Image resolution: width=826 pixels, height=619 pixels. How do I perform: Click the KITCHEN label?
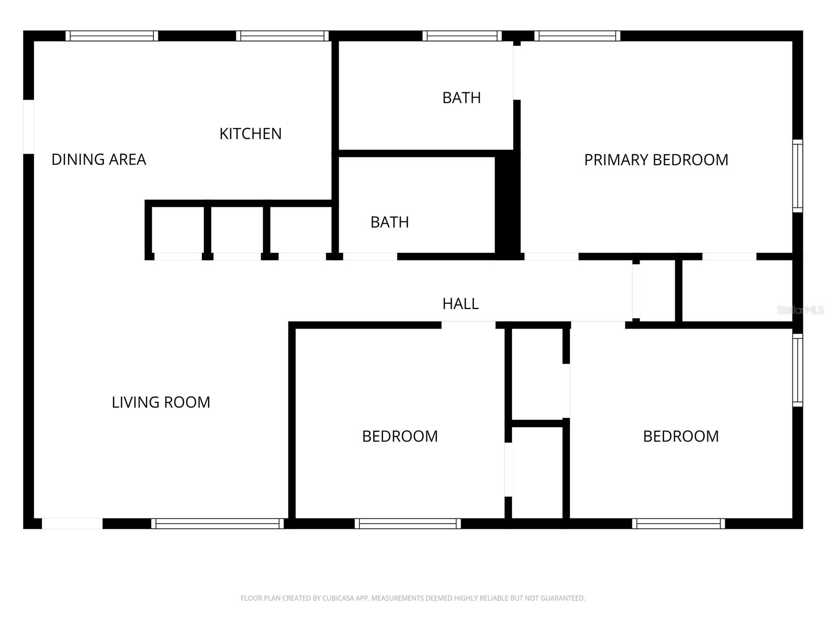[x=250, y=134]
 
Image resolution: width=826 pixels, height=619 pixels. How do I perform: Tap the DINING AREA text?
[x=99, y=159]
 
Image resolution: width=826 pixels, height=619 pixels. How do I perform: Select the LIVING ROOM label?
[x=161, y=402]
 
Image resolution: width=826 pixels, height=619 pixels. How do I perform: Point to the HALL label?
[x=460, y=304]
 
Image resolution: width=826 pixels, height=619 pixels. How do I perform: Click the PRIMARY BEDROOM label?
[x=656, y=160]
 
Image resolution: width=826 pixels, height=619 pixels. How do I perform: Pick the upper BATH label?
[x=462, y=97]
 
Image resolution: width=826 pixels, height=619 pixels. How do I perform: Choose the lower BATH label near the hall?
[x=390, y=222]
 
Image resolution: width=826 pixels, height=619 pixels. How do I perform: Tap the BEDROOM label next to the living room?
[x=400, y=436]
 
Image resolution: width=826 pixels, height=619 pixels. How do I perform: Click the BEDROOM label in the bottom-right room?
[x=681, y=436]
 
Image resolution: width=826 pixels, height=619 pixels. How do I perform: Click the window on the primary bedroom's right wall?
[x=798, y=175]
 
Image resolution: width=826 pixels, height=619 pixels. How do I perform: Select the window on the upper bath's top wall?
[x=462, y=36]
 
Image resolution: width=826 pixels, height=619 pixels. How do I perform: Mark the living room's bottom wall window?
[x=217, y=524]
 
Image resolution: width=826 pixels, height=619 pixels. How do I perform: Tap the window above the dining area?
[x=112, y=36]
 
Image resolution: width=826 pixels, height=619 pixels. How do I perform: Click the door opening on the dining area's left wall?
[x=28, y=126]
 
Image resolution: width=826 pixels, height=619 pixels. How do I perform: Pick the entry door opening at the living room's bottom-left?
[x=72, y=524]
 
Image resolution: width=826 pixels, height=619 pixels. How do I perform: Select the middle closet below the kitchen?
[x=237, y=230]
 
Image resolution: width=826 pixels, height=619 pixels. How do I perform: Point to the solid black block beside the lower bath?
[x=507, y=206]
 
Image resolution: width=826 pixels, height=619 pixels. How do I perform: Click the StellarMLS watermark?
[x=800, y=310]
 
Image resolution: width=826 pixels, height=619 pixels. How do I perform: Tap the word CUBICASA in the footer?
[x=338, y=598]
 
